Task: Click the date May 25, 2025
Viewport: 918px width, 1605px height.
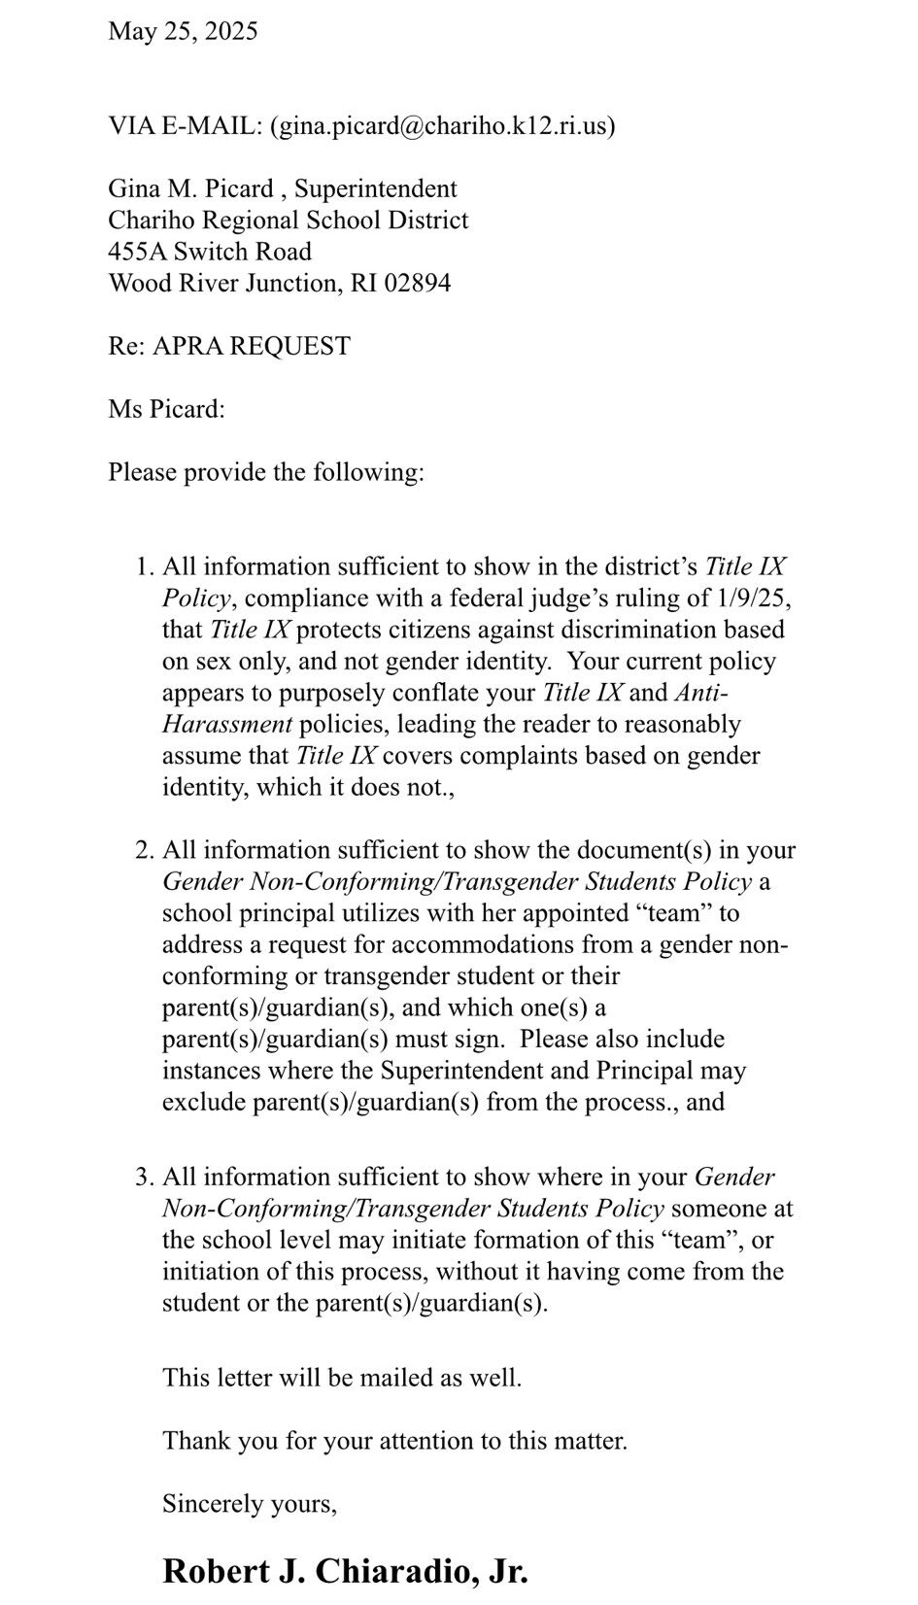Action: [x=183, y=31]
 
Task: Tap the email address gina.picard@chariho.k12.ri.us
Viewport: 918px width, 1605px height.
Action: [x=442, y=126]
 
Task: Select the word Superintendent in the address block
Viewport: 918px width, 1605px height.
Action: [x=375, y=188]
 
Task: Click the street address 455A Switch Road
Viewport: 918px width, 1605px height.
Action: [x=210, y=252]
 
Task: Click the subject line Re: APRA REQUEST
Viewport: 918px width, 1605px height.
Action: [x=229, y=346]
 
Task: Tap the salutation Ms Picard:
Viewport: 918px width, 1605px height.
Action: [x=166, y=409]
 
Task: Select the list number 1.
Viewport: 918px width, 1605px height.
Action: [x=144, y=566]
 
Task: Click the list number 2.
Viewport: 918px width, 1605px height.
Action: [x=144, y=850]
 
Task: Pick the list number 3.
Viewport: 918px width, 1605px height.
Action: [x=144, y=1178]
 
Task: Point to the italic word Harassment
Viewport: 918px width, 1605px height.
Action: [x=227, y=724]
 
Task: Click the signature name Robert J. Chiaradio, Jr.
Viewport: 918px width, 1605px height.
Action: [x=345, y=1570]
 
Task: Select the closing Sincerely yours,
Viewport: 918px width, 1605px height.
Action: [x=250, y=1504]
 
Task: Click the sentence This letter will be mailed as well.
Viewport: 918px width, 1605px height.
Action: [x=342, y=1378]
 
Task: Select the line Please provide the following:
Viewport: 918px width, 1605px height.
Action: [x=266, y=473]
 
